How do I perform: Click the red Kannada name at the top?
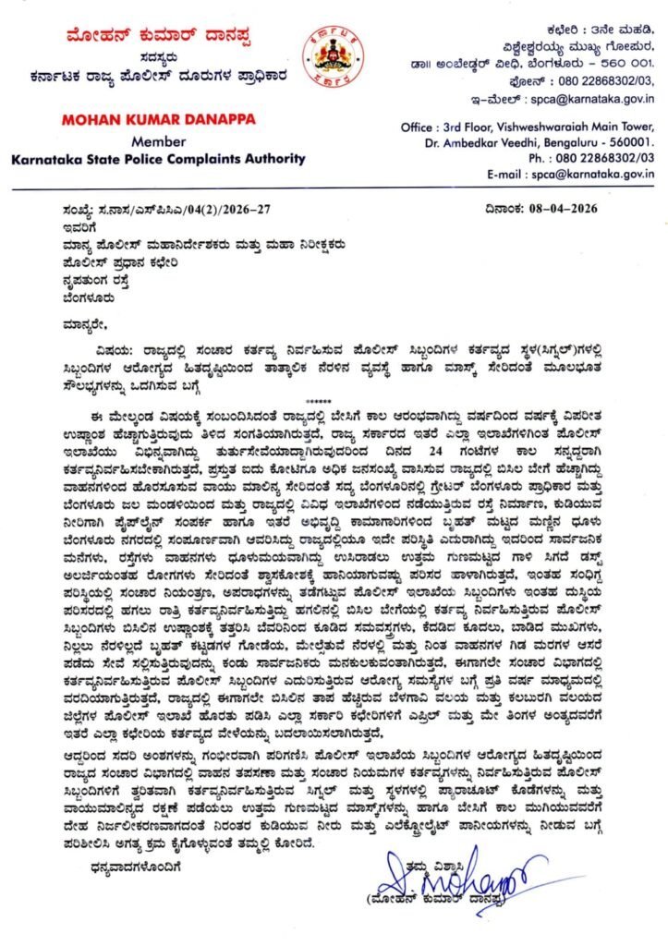[x=144, y=37]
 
